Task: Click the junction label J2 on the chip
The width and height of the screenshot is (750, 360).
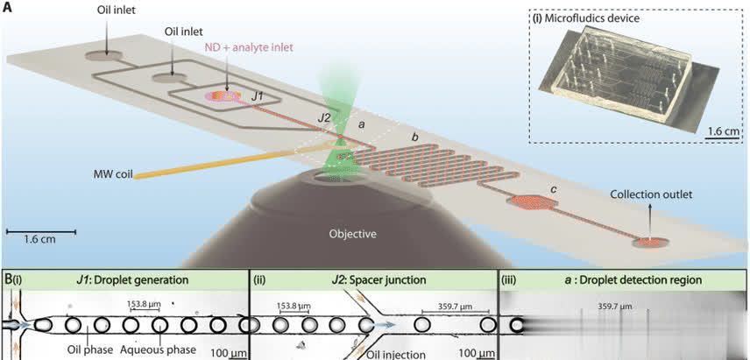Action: (325, 116)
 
